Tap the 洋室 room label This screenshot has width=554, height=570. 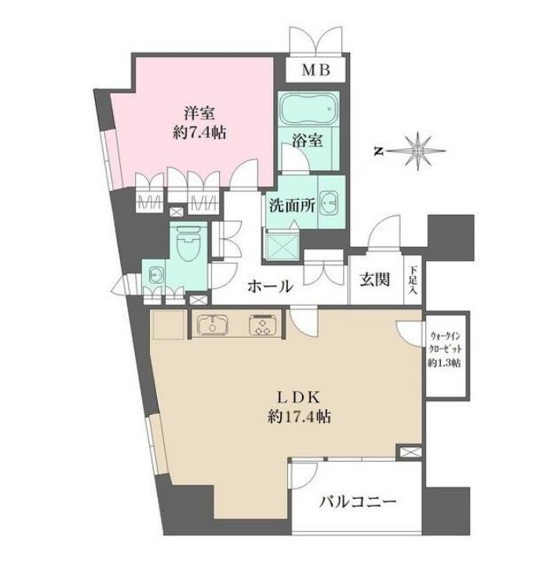195,113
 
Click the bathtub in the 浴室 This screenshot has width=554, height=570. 305,113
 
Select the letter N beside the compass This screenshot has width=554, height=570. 378,151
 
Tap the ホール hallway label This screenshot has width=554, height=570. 270,286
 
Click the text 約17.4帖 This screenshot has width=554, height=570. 296,417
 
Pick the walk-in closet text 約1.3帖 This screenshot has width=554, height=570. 444,363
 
